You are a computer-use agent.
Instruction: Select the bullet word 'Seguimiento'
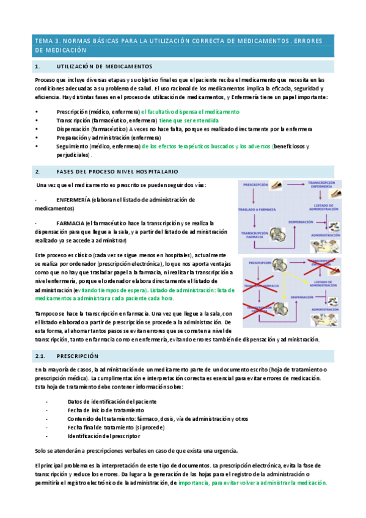[73, 147]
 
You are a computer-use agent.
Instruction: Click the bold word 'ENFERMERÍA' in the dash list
[73, 200]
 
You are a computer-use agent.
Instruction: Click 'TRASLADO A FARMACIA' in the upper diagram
[259, 210]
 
